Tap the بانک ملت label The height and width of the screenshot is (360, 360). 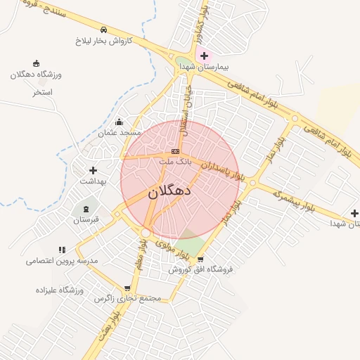tap(175, 162)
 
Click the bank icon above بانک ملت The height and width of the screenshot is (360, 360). tap(175, 151)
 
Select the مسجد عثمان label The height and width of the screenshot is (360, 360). tap(120, 132)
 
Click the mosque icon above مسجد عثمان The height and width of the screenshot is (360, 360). tap(118, 122)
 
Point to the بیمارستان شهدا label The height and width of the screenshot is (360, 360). tap(204, 66)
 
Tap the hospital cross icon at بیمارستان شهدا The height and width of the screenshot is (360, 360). tap(204, 56)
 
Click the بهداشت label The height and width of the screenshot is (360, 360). tap(92, 181)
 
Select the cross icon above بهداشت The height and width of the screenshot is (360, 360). tap(92, 170)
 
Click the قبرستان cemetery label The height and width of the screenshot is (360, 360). tap(86, 219)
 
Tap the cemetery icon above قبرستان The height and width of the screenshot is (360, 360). tap(86, 209)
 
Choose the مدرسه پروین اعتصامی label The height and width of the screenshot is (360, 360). tap(62, 260)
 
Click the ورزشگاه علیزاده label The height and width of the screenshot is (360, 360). tap(60, 290)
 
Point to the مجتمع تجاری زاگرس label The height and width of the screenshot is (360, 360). tap(128, 298)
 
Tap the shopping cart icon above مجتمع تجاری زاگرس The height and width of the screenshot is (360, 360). tap(127, 288)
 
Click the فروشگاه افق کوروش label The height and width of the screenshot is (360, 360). tap(200, 269)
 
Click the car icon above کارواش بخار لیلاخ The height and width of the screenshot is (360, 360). tap(104, 30)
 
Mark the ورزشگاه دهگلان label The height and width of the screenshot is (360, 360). tap(37, 75)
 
